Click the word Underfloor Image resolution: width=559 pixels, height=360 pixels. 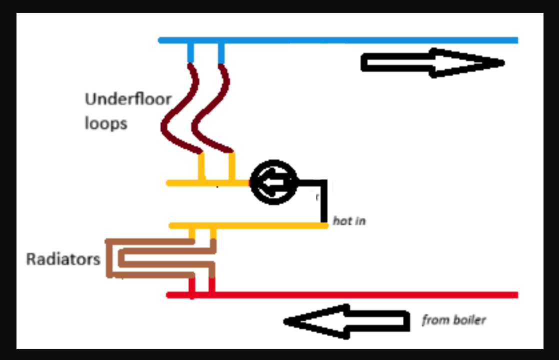(128, 99)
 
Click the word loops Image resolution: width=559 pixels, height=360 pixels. (105, 123)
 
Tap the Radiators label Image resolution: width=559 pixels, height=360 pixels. (63, 259)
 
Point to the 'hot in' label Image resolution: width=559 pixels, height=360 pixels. (349, 220)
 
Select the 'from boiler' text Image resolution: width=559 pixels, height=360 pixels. (453, 320)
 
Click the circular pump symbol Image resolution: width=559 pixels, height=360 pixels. (272, 182)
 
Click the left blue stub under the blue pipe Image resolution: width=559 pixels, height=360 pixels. (190, 53)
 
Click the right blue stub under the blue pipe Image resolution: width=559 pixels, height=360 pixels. (221, 53)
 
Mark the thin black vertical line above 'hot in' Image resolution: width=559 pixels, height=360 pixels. (324, 202)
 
